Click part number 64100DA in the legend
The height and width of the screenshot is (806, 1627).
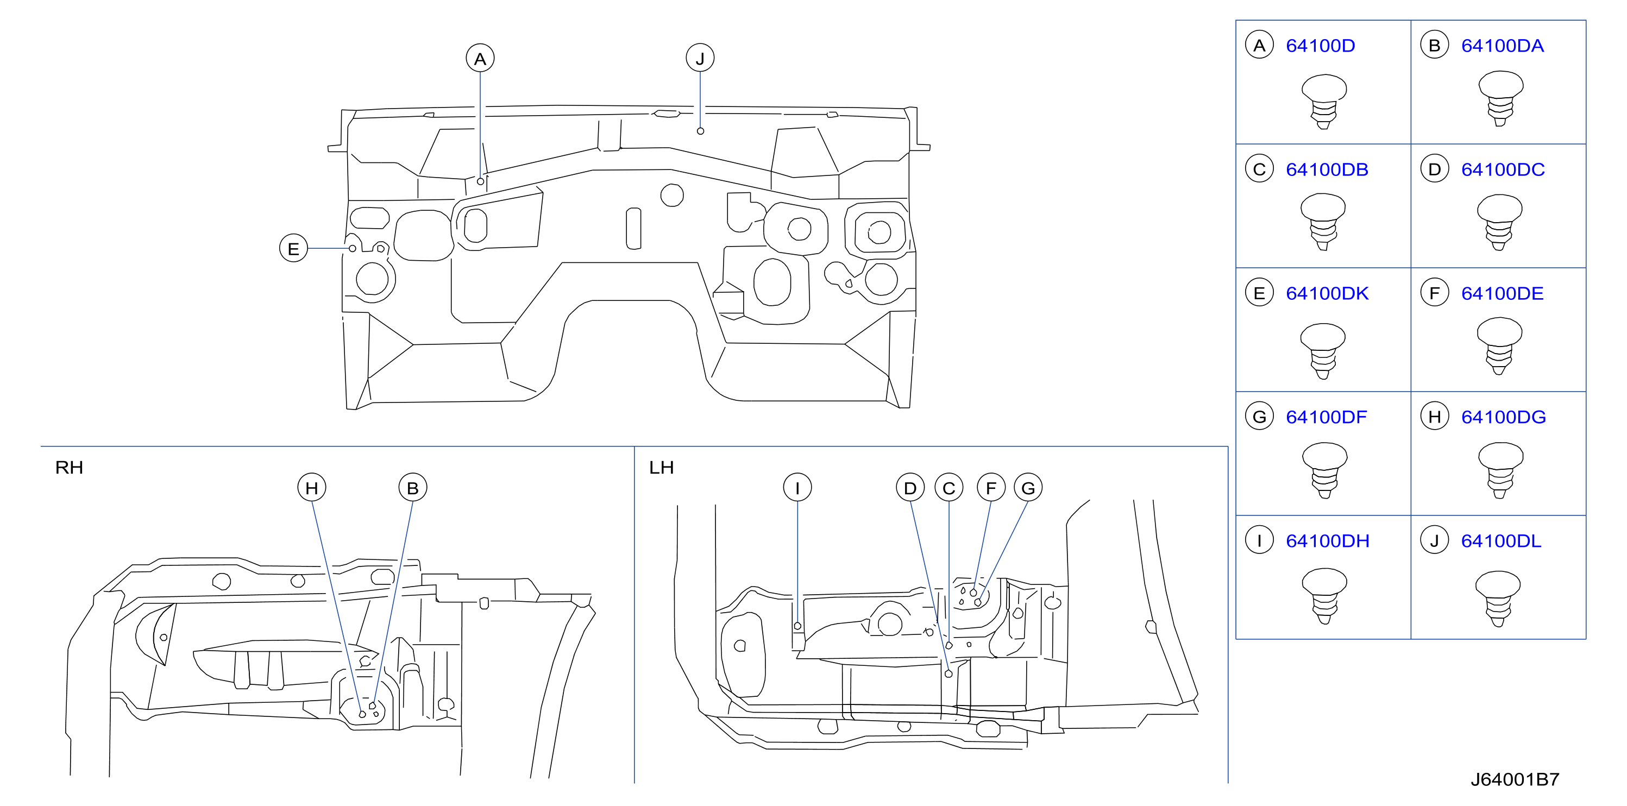click(x=1502, y=46)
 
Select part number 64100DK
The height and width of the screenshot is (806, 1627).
click(x=1327, y=293)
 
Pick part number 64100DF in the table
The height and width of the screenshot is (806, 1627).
click(x=1327, y=417)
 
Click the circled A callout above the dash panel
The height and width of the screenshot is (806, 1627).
click(x=480, y=58)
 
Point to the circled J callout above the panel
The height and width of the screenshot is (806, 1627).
click(x=700, y=58)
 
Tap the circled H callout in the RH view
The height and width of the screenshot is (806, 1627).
click(x=311, y=488)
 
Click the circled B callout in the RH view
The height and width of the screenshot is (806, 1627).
click(x=412, y=488)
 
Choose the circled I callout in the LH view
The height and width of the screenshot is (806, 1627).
click(x=797, y=488)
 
